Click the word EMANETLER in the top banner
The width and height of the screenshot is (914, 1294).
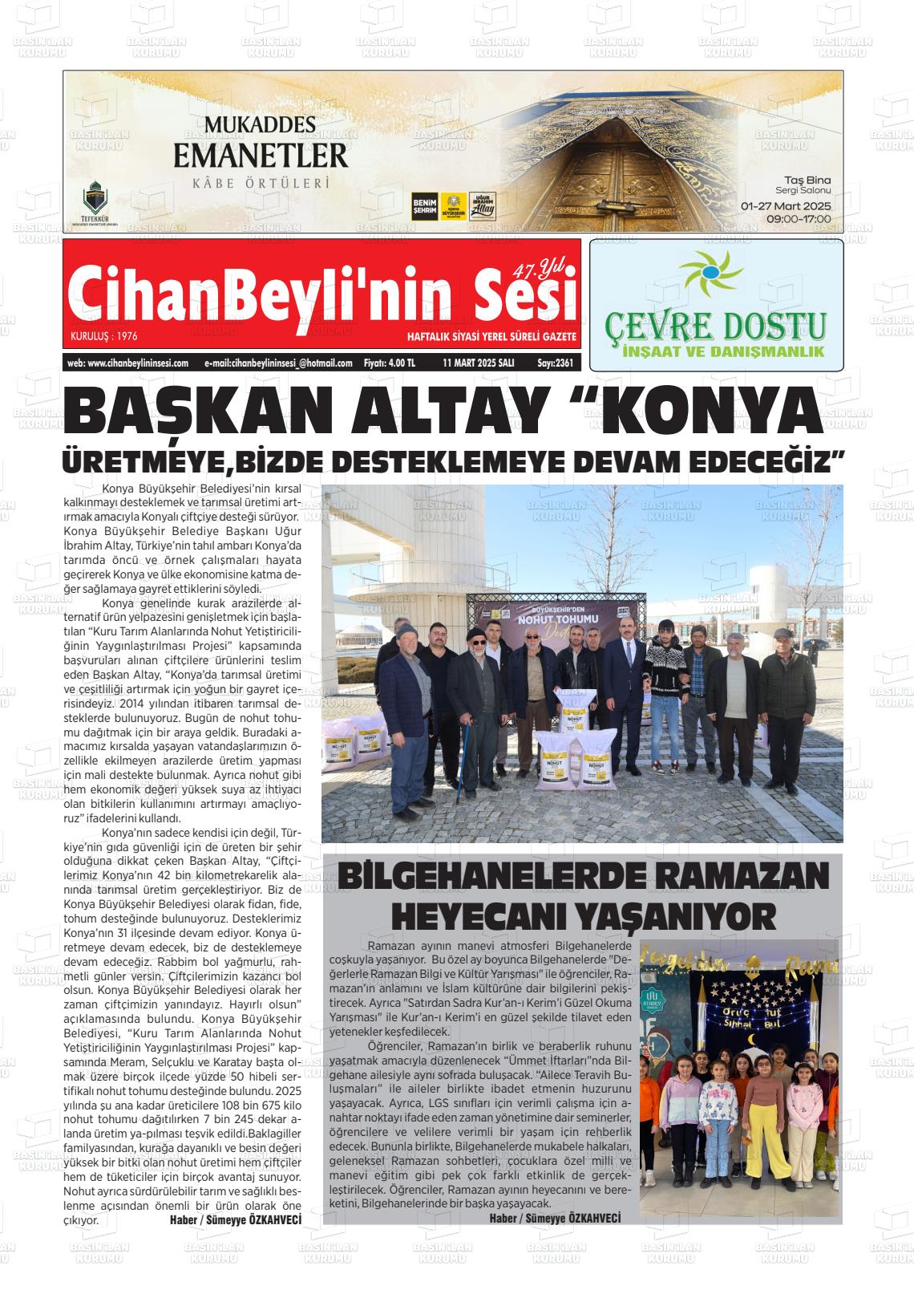pos(261,154)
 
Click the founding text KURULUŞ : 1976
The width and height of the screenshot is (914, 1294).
pos(104,336)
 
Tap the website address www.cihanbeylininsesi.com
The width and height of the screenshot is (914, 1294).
pos(128,363)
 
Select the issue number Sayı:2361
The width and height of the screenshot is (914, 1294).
pos(555,363)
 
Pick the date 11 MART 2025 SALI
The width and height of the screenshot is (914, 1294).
pos(479,363)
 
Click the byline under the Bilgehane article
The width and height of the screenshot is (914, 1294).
pos(555,1218)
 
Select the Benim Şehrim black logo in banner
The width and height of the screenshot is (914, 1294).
pos(423,206)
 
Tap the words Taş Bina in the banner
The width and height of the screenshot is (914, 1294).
pos(809,180)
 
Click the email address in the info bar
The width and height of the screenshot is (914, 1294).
pos(278,363)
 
